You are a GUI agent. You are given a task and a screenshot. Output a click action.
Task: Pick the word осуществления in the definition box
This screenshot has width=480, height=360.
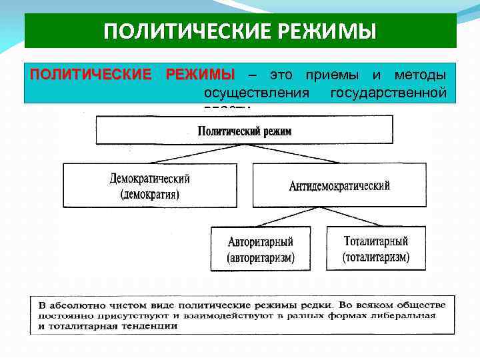pyautogui.click(x=256, y=91)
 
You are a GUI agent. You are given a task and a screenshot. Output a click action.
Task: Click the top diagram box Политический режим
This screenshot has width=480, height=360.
pyautogui.click(x=245, y=131)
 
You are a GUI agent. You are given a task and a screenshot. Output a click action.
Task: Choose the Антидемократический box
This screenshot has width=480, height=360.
pyautogui.click(x=339, y=186)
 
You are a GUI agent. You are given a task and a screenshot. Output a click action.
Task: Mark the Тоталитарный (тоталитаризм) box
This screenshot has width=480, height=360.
pyautogui.click(x=376, y=249)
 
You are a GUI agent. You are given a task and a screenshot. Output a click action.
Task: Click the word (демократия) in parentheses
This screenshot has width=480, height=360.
pyautogui.click(x=150, y=195)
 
